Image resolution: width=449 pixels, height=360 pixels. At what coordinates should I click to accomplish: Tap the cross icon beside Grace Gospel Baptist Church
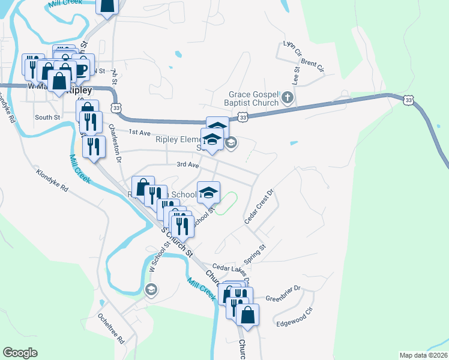coord(288,97)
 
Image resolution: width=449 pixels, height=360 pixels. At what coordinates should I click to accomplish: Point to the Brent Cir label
coord(312,65)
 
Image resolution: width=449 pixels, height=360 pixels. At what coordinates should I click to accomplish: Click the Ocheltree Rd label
coord(112,330)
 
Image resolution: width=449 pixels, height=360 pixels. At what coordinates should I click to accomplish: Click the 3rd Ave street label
coord(187,164)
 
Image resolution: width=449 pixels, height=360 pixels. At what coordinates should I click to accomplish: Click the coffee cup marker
coord(80,70)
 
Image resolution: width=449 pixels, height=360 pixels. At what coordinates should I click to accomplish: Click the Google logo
coord(20,353)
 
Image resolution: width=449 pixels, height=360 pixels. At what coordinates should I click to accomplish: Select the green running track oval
coord(225,203)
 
